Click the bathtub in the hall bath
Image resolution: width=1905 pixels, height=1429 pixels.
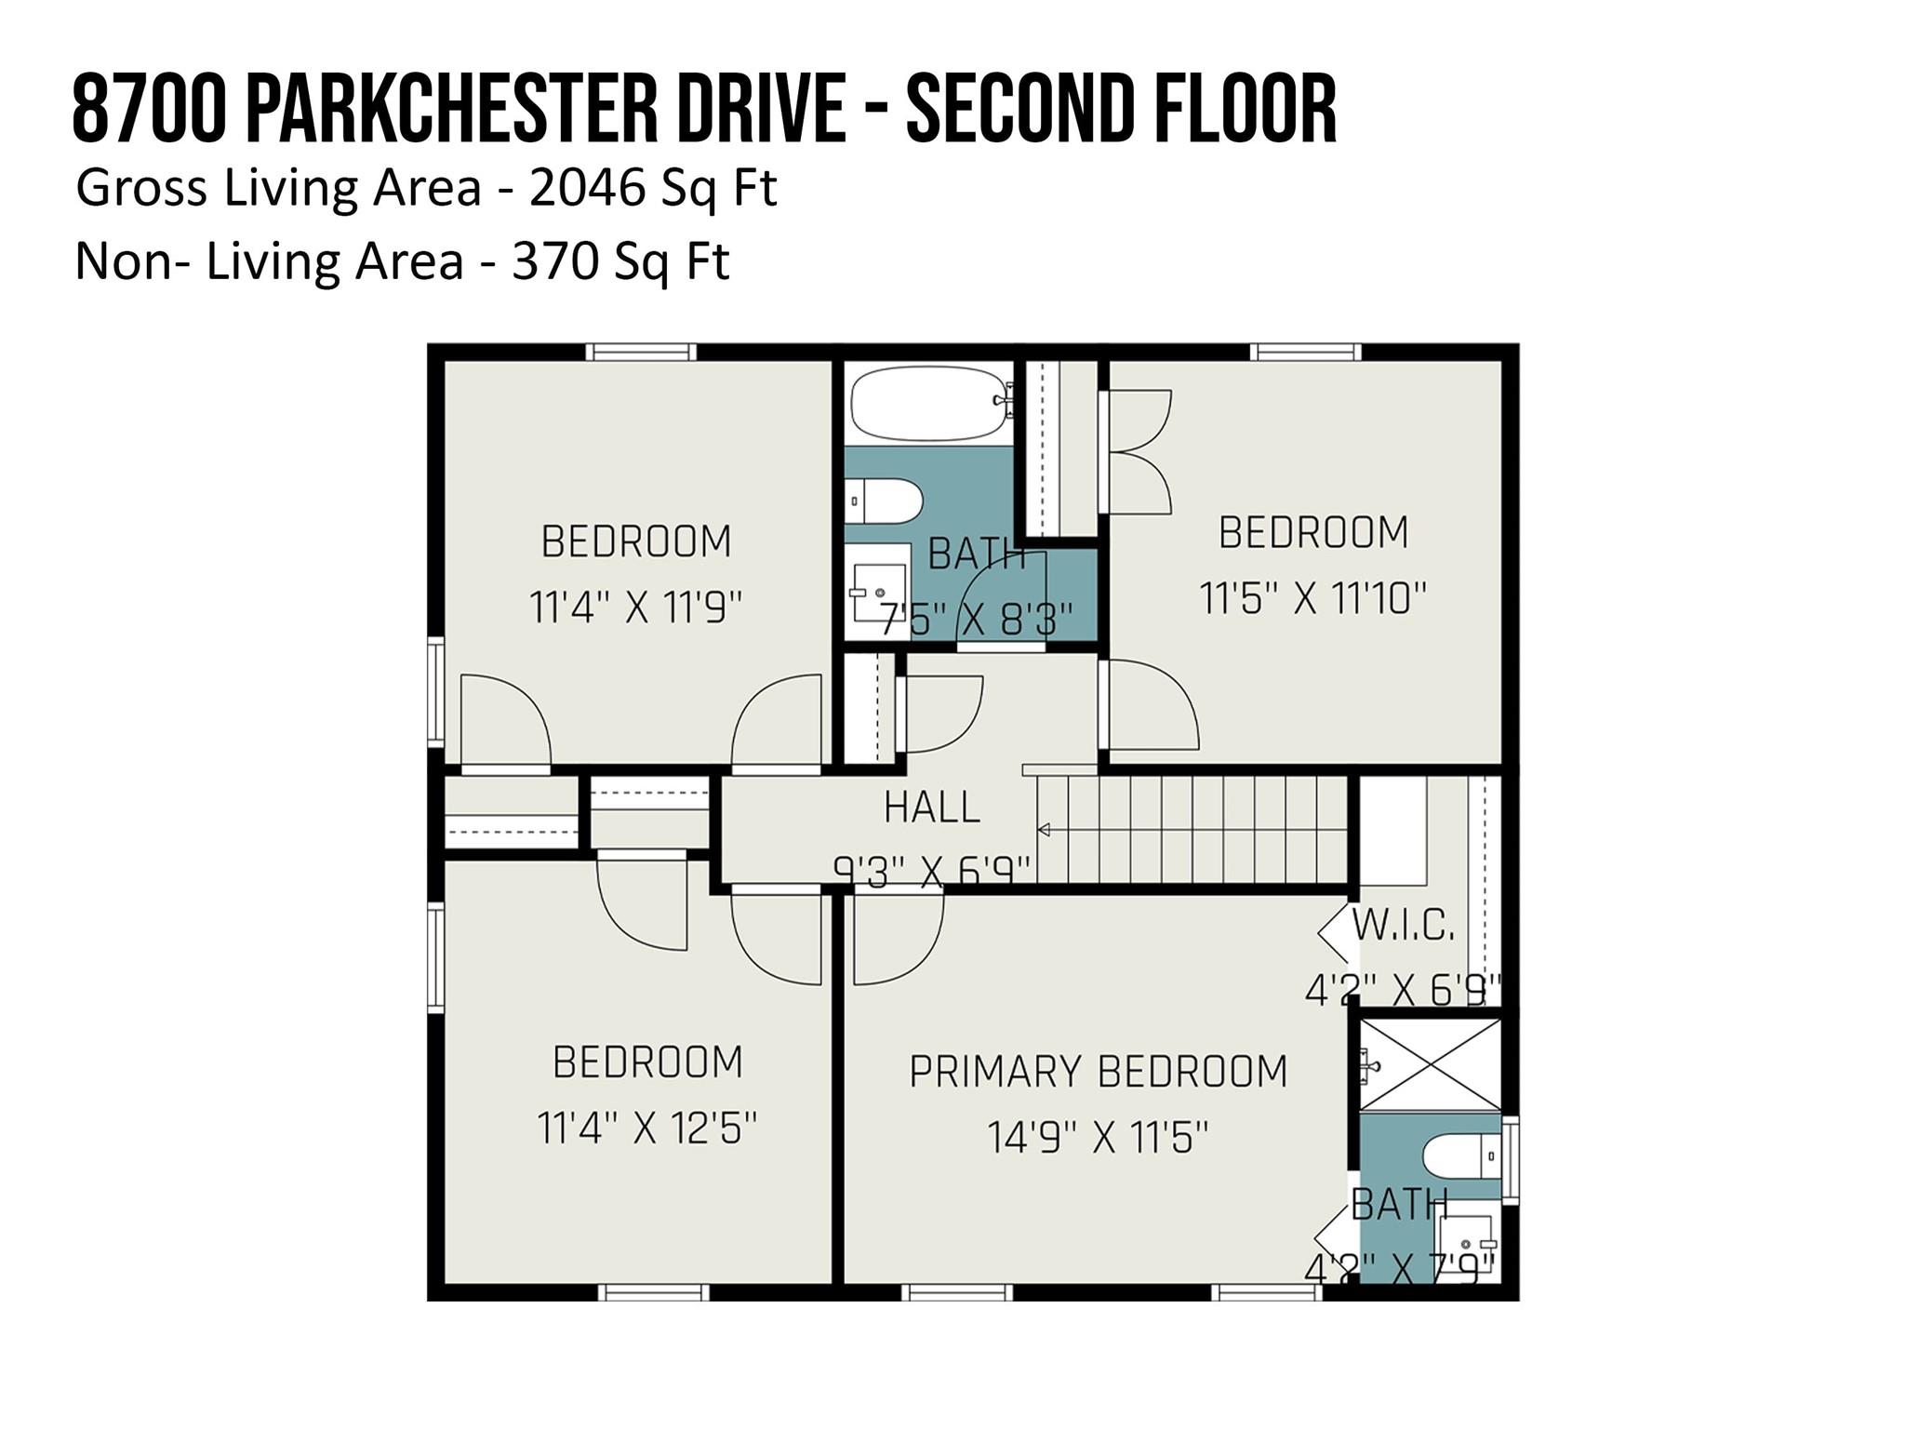tap(931, 403)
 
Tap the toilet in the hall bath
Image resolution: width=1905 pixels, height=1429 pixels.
tap(883, 501)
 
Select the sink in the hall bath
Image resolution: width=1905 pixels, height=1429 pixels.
tap(879, 592)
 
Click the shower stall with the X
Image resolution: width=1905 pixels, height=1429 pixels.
tap(1430, 1064)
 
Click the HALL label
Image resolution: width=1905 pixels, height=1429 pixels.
tap(932, 808)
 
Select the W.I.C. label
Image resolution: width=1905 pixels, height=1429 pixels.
tap(1403, 926)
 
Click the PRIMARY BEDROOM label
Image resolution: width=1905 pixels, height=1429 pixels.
tap(1099, 1072)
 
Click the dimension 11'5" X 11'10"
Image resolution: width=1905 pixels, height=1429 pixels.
tap(1313, 598)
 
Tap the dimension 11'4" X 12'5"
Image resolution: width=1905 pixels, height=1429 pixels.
tap(647, 1129)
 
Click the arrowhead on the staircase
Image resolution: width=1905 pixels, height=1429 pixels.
tap(1044, 829)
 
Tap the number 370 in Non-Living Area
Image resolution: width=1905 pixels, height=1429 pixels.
tap(554, 261)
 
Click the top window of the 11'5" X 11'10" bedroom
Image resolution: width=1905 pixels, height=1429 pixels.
tap(1306, 352)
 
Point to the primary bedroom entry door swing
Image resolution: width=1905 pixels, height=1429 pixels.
tap(899, 938)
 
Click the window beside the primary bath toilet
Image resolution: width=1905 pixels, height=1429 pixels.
tap(1511, 1158)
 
